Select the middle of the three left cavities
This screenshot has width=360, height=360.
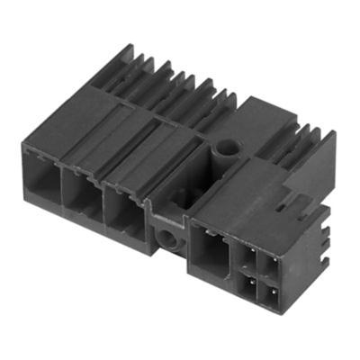tap(79, 198)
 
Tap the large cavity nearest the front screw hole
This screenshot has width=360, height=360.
tap(121, 212)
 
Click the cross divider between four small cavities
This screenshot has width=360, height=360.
tap(259, 272)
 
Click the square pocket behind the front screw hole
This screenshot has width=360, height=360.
tap(165, 211)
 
